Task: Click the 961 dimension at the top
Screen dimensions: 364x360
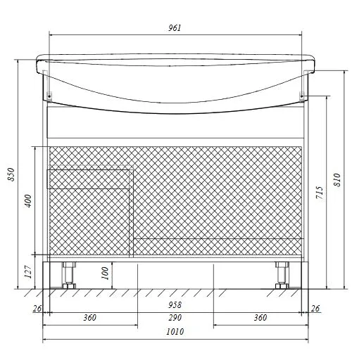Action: [x=175, y=28]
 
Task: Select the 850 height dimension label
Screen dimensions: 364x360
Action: [x=11, y=174]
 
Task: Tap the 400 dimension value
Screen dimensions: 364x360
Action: [x=28, y=201]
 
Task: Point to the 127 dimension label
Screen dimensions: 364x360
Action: [x=28, y=272]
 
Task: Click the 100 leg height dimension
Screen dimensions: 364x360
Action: [x=105, y=273]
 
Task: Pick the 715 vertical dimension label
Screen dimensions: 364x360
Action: [x=320, y=193]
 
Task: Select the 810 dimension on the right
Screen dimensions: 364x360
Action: [x=337, y=180]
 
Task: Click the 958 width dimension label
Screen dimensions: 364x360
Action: [x=175, y=304]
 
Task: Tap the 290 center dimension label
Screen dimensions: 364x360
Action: [x=175, y=318]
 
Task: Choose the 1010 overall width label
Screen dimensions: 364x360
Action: [x=175, y=331]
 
